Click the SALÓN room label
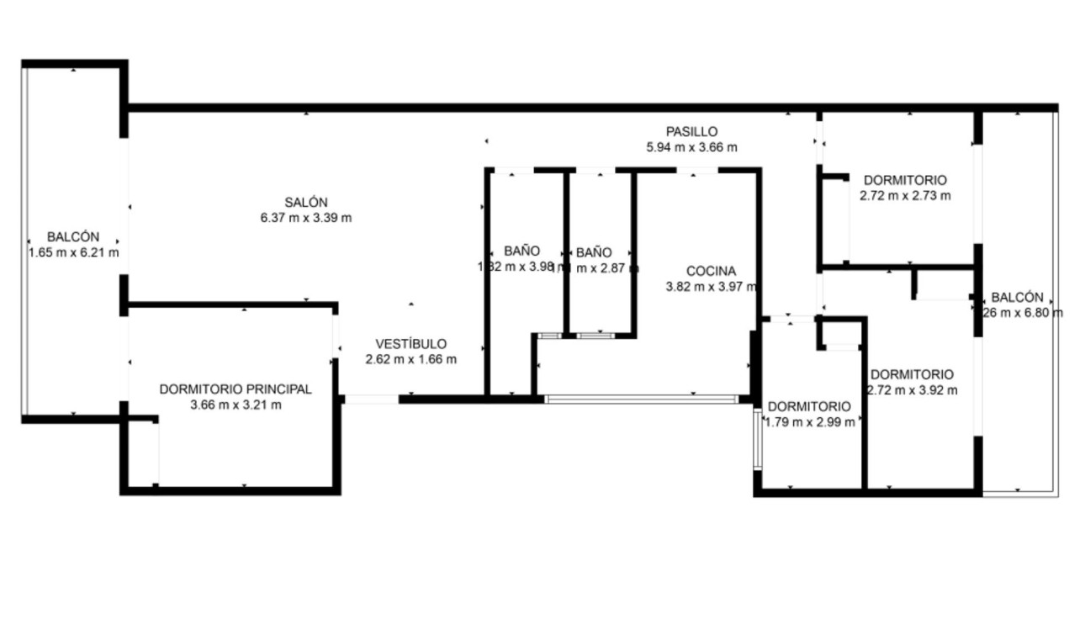[305, 202]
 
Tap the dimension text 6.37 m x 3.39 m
[305, 218]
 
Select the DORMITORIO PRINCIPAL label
[236, 389]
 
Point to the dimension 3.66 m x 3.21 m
[236, 405]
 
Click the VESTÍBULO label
[410, 344]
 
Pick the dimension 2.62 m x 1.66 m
[410, 360]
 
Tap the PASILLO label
[691, 131]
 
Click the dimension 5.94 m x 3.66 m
[691, 147]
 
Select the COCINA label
[711, 271]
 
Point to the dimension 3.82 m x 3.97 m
[711, 287]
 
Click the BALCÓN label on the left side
[73, 236]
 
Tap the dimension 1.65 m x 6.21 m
[73, 252]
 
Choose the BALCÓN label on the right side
[1017, 297]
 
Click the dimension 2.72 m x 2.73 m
[905, 196]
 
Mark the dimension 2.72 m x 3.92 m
[912, 390]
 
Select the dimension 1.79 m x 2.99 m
[809, 422]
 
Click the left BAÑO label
[521, 251]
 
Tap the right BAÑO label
[594, 251]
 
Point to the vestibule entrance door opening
[371, 400]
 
